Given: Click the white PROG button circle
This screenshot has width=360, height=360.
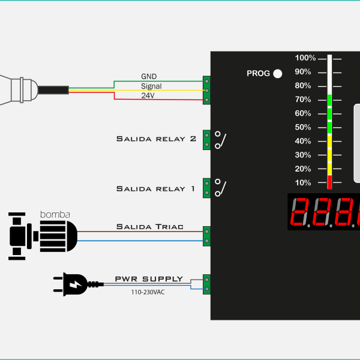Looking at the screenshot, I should click(x=278, y=74).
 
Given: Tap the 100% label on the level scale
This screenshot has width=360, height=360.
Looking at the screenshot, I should click(x=305, y=58).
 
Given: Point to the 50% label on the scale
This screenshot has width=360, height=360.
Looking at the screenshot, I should click(x=303, y=127).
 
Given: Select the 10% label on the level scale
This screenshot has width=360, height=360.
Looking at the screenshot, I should click(x=303, y=182).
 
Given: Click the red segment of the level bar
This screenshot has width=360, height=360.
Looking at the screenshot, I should click(x=329, y=182).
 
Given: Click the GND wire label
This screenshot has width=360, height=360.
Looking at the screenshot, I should click(x=148, y=77).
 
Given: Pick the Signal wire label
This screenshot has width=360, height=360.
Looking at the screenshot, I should click(x=151, y=86).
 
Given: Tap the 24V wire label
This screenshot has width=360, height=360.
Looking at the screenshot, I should click(x=148, y=95).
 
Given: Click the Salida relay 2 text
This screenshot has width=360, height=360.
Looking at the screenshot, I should click(x=156, y=139).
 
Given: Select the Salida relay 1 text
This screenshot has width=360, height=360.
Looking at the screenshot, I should click(x=156, y=188).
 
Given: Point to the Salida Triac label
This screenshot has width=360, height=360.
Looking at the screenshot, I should click(x=150, y=227).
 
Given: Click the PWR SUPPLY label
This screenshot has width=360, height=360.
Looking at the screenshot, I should click(x=149, y=279).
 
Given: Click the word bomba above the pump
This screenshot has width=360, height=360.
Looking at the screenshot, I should click(x=55, y=214).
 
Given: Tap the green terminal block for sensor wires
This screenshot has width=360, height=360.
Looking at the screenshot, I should click(x=206, y=90).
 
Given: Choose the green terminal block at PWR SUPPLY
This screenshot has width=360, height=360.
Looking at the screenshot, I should click(x=206, y=284).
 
